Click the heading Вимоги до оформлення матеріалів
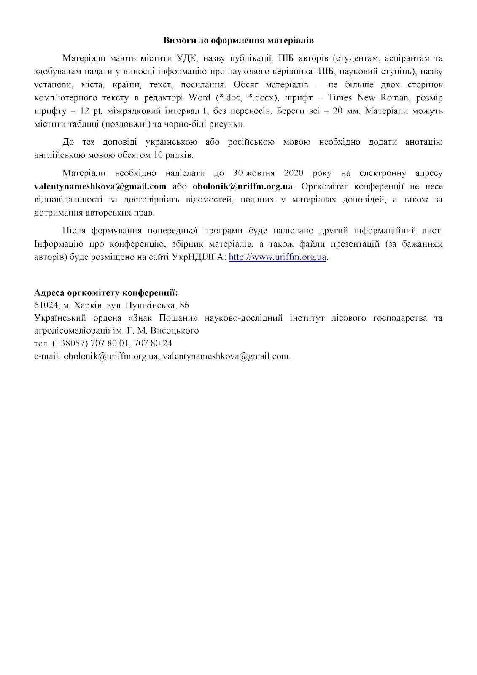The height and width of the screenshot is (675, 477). coord(238,40)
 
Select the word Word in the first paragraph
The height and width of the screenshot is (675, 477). coord(199,98)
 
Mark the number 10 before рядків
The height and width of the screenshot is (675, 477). coord(158,155)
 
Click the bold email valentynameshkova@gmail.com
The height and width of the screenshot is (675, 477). coord(100,186)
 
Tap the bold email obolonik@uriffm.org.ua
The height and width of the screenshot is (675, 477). coord(243,186)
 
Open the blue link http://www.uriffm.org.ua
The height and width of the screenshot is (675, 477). coord(278,257)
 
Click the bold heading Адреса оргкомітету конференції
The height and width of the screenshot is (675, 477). coord(106,292)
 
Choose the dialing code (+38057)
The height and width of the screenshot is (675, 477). coord(69,343)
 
